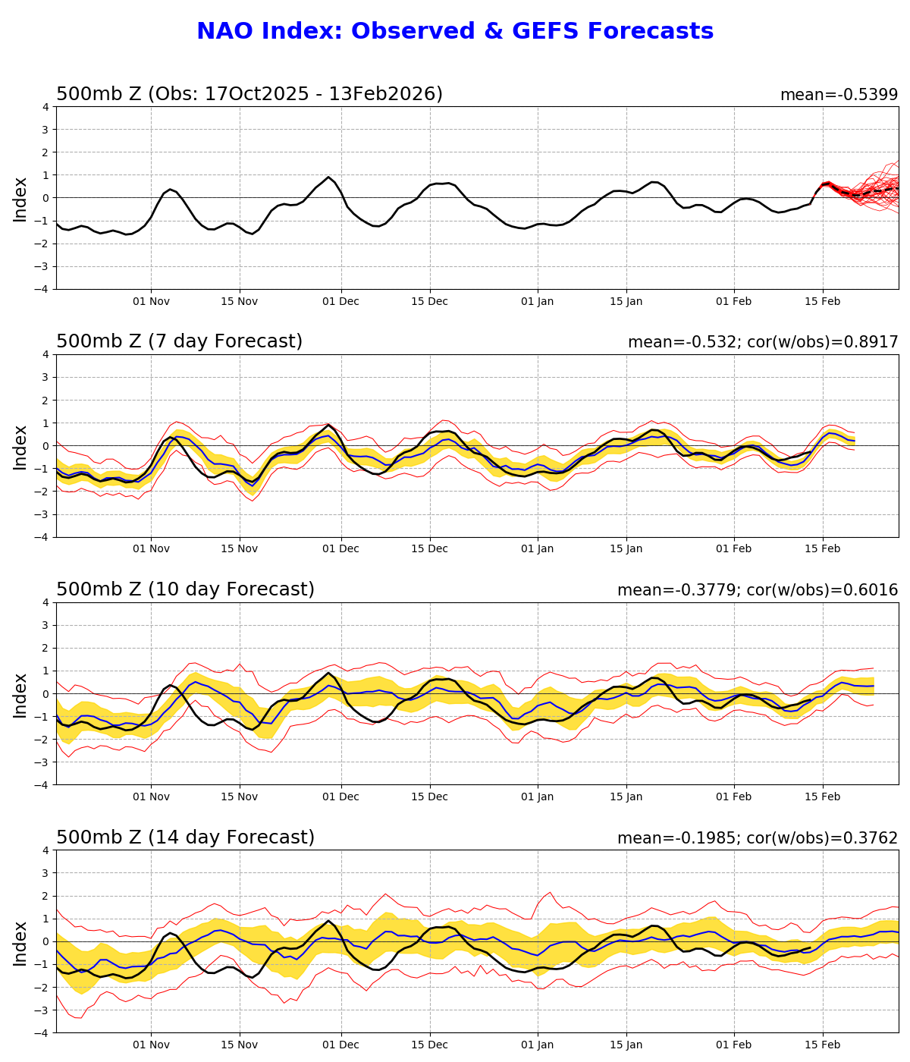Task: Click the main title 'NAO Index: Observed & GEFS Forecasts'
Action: (455, 32)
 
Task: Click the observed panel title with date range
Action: (249, 94)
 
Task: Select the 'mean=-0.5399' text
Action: (839, 96)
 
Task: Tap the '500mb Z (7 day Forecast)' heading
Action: (179, 341)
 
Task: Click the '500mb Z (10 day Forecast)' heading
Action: (185, 589)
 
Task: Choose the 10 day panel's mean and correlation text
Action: (757, 590)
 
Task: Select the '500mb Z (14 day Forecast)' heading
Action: (185, 837)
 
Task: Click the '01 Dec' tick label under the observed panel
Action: (340, 301)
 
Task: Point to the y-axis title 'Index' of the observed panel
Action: (20, 199)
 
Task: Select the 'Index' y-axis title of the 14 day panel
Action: (20, 943)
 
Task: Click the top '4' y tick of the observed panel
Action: (45, 107)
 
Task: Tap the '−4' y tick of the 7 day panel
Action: (42, 537)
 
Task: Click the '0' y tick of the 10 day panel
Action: (45, 694)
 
